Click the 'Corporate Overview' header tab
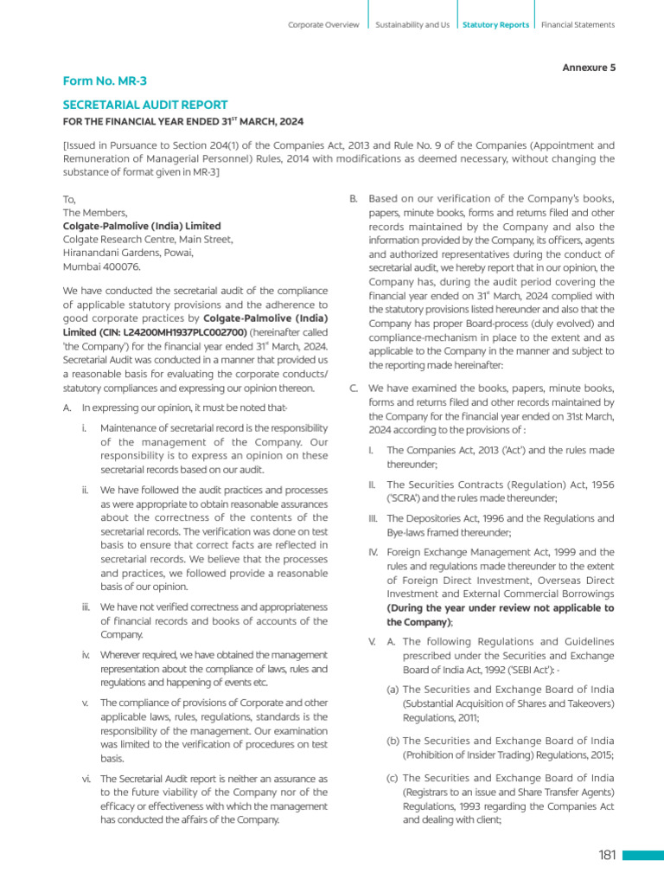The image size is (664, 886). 323,25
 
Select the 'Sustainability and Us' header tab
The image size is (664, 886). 412,25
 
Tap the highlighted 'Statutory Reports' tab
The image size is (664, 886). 495,25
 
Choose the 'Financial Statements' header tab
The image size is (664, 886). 578,25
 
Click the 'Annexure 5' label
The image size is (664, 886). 589,67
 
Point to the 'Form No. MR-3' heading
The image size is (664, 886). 105,81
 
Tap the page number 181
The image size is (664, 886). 606,856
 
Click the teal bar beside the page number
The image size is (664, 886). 643,856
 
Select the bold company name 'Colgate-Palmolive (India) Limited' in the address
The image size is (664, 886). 142,226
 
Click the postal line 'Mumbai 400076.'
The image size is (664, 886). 101,267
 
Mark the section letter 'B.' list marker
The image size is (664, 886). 354,199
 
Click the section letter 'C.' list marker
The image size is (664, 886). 354,388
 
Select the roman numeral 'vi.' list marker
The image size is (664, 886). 87,779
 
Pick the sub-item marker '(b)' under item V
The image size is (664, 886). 393,741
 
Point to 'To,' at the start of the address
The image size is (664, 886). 69,198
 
